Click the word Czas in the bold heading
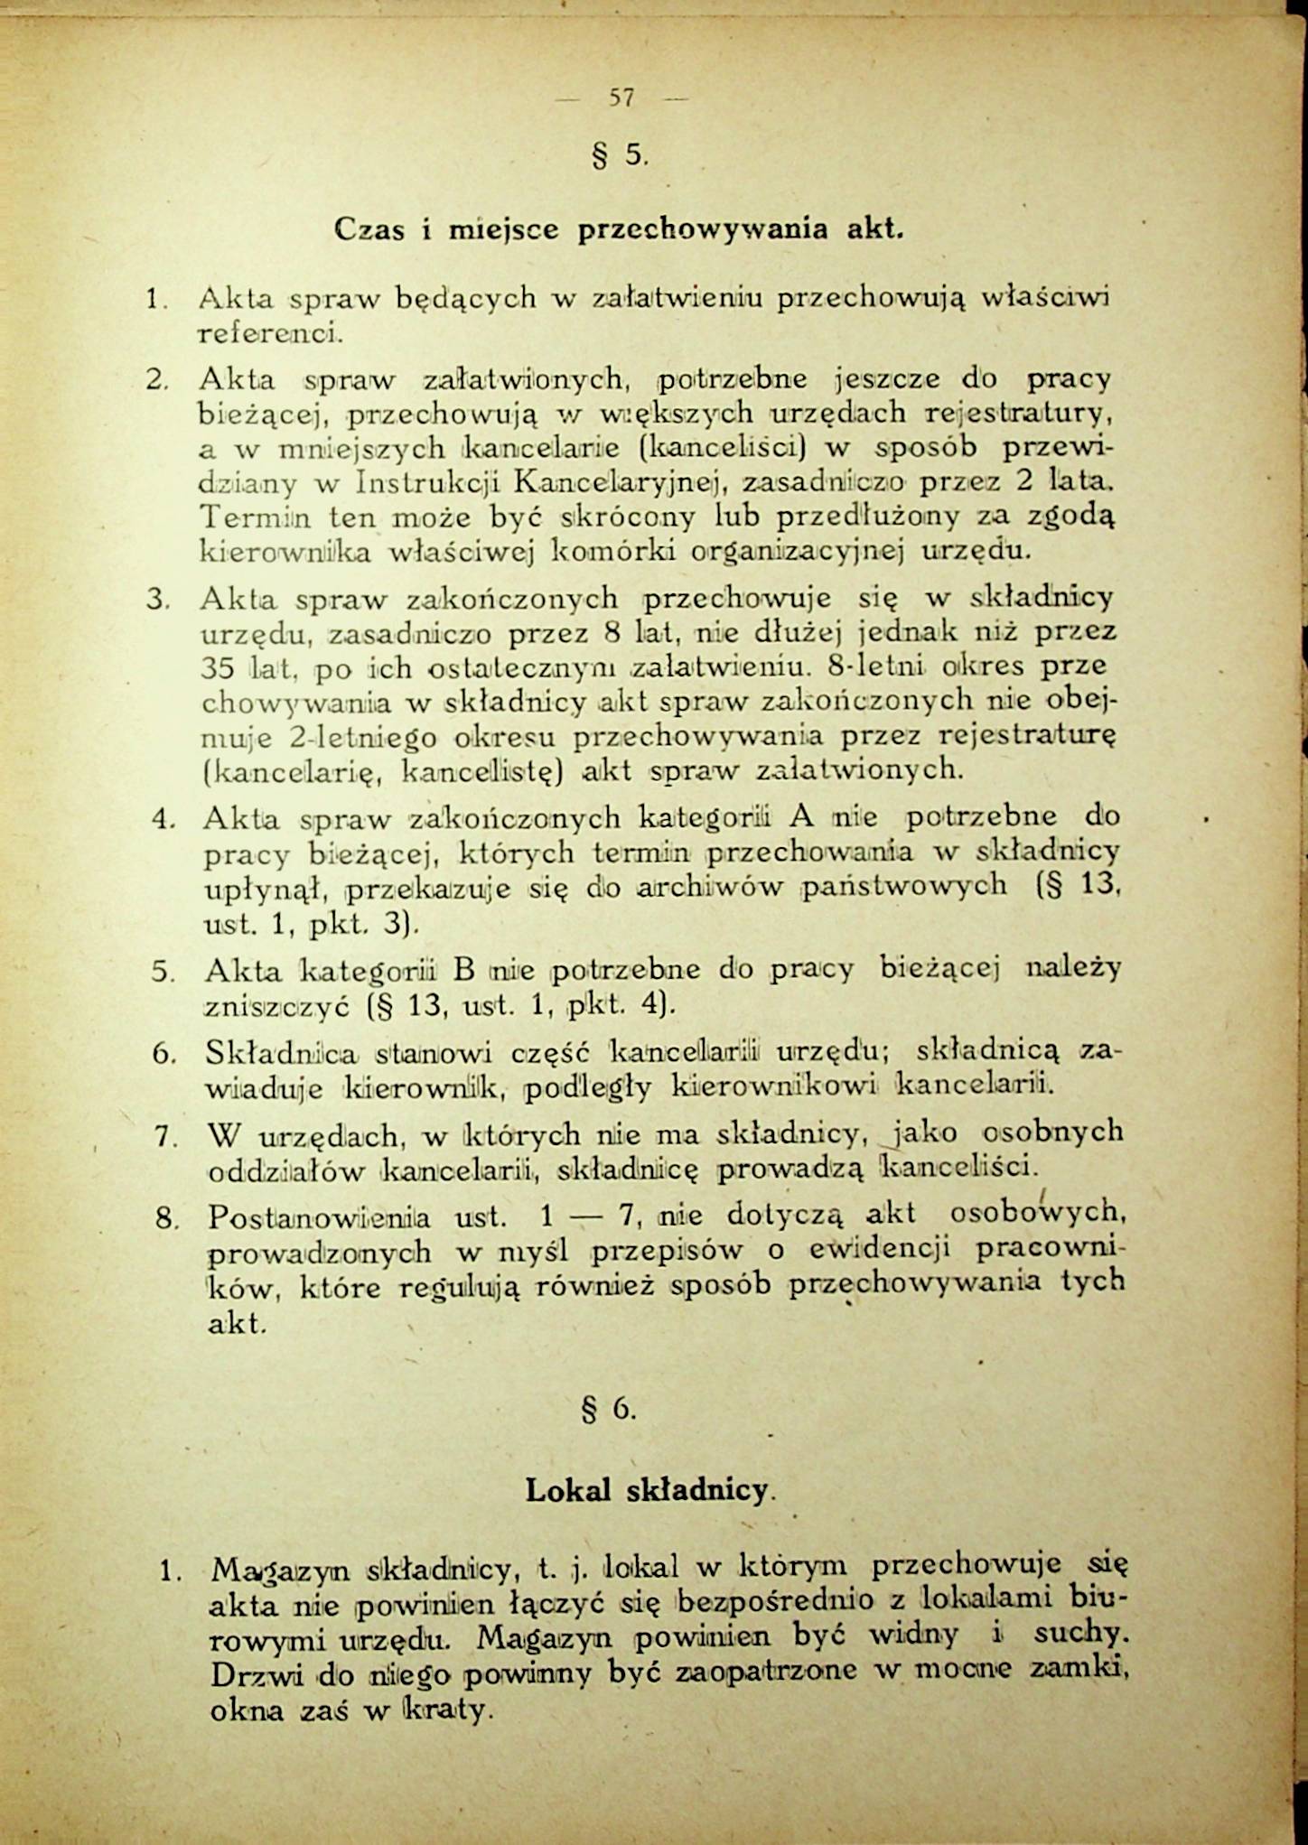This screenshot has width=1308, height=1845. [369, 229]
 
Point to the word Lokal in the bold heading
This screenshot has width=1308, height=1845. [569, 1489]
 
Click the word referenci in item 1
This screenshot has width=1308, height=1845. [268, 333]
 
